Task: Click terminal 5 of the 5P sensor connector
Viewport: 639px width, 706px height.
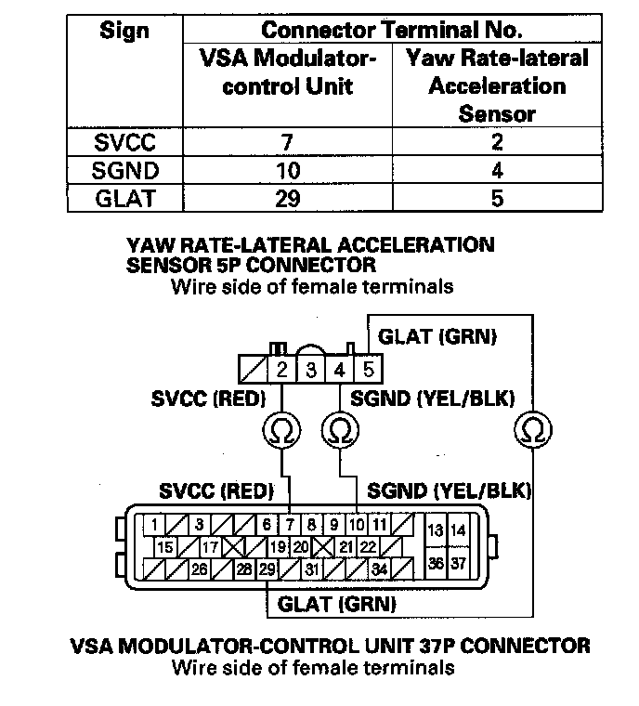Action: pyautogui.click(x=369, y=370)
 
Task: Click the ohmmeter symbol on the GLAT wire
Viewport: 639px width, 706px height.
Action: pyautogui.click(x=532, y=428)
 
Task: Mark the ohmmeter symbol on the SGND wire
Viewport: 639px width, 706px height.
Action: pyautogui.click(x=339, y=428)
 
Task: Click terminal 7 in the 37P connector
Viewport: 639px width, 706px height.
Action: pyautogui.click(x=290, y=525)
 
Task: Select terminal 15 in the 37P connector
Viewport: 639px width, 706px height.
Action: pyautogui.click(x=164, y=547)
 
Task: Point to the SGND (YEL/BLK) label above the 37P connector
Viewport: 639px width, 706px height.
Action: pyautogui.click(x=455, y=489)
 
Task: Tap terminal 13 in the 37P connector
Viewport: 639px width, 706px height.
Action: pyautogui.click(x=435, y=530)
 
